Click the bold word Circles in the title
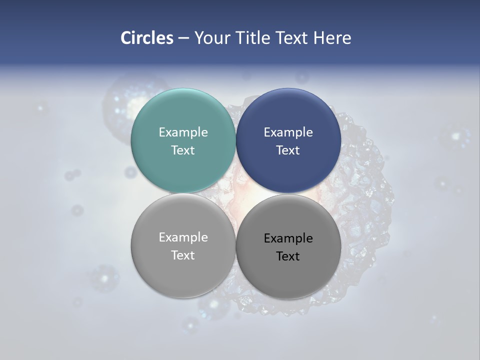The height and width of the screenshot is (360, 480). click(147, 38)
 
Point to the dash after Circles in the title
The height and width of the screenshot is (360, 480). click(183, 38)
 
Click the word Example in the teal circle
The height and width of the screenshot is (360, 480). click(183, 132)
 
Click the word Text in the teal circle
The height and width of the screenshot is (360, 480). click(183, 150)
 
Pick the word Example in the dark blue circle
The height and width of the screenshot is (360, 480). click(288, 132)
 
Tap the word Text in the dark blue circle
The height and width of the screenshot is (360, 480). click(288, 150)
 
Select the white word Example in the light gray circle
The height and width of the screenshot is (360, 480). click(183, 237)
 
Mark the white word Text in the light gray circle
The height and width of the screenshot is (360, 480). click(183, 255)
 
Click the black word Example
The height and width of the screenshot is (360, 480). click(288, 238)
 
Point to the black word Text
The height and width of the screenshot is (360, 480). click(288, 256)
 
